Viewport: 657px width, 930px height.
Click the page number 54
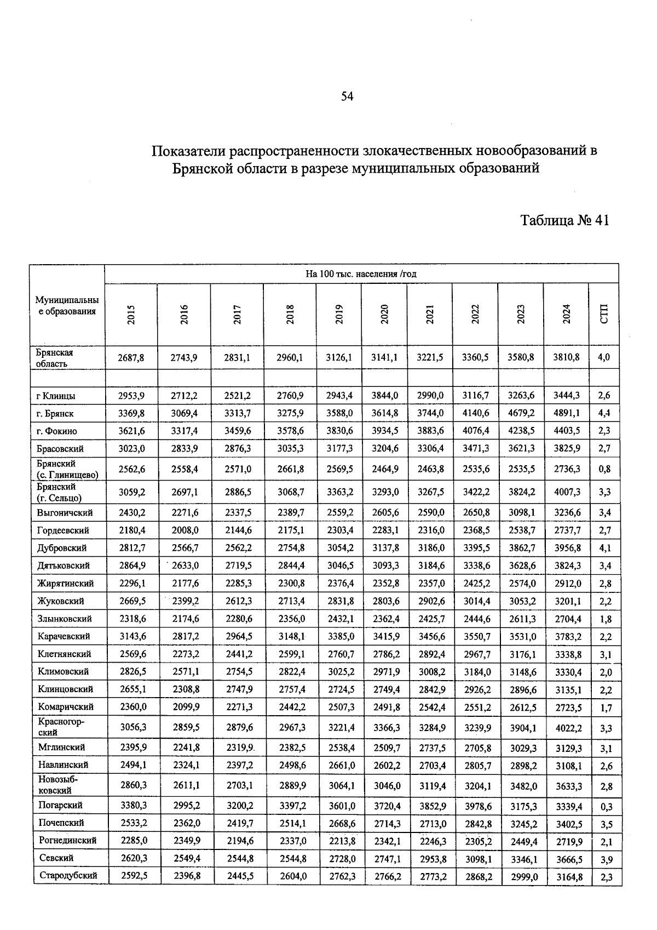coord(347,96)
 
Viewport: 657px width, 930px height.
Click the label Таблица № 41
coord(564,220)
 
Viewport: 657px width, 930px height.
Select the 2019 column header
coord(339,314)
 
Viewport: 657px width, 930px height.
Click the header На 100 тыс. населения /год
coord(361,273)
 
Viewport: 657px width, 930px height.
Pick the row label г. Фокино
coord(57,431)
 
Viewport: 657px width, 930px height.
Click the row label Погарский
coord(60,805)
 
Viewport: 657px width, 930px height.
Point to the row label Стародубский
coord(68,875)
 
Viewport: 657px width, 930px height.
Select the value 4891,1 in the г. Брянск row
coord(567,413)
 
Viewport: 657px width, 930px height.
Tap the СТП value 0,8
coord(604,469)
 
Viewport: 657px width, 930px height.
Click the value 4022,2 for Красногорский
coord(567,728)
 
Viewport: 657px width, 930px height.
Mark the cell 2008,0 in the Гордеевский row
coord(185,530)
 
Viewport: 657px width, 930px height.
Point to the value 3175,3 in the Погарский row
coord(521,806)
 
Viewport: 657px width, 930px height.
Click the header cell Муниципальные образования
coord(67,306)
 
